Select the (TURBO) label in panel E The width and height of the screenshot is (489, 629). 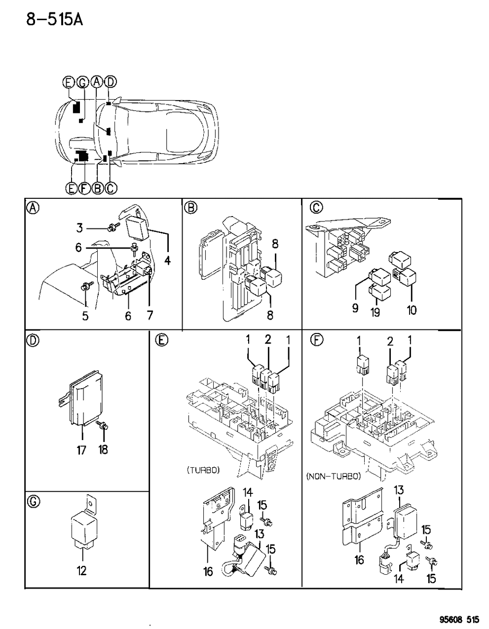203,470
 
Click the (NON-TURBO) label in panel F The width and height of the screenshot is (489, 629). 333,476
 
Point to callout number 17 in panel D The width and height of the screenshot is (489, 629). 82,449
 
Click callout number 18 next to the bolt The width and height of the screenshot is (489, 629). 103,449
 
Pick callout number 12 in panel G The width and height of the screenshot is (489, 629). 81,571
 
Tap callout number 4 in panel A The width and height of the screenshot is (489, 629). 168,260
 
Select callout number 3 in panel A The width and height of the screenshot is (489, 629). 79,228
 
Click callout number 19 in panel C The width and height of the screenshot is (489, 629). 376,313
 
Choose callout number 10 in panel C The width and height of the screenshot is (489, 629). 412,310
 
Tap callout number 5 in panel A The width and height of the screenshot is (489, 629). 85,316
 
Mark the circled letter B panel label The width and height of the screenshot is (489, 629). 189,208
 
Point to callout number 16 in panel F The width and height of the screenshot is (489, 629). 359,559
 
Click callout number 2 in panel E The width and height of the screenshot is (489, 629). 268,339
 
